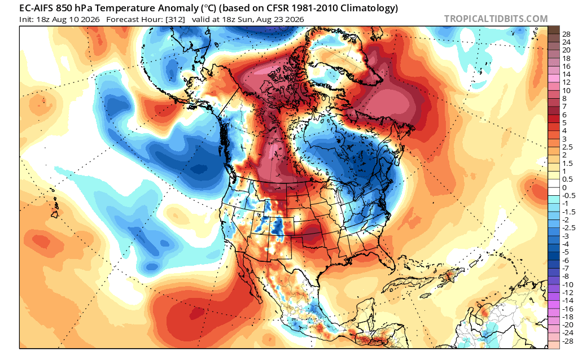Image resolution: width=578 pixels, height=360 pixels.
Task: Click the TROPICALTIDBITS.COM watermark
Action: (x=496, y=19)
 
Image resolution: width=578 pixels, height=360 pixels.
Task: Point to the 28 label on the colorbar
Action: (x=567, y=34)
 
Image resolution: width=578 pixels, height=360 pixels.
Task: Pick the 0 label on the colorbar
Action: (x=564, y=187)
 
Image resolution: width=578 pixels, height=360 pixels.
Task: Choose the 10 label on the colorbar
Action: (x=567, y=91)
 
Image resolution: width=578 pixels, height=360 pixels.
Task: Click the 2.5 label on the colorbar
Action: (x=567, y=147)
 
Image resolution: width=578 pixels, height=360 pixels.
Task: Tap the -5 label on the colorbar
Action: (x=566, y=252)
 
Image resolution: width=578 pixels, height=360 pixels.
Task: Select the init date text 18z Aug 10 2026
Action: (x=68, y=19)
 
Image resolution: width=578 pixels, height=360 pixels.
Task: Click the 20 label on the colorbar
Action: (x=567, y=50)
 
